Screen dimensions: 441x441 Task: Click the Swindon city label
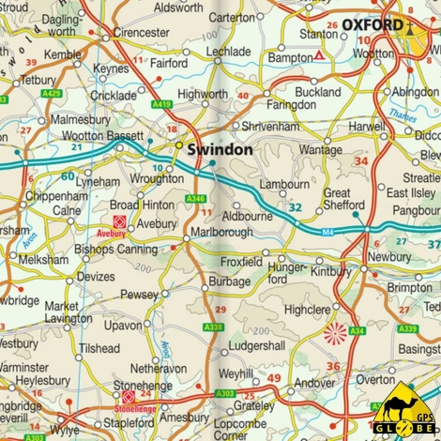point(220,150)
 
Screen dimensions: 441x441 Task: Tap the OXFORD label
point(372,24)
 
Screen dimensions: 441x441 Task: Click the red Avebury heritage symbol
point(119,221)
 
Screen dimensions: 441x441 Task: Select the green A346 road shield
point(195,199)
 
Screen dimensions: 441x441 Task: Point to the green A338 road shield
point(213,327)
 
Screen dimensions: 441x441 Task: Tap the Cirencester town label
point(141,32)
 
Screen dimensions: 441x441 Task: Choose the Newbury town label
point(388,256)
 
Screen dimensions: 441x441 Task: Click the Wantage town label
point(320,150)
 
